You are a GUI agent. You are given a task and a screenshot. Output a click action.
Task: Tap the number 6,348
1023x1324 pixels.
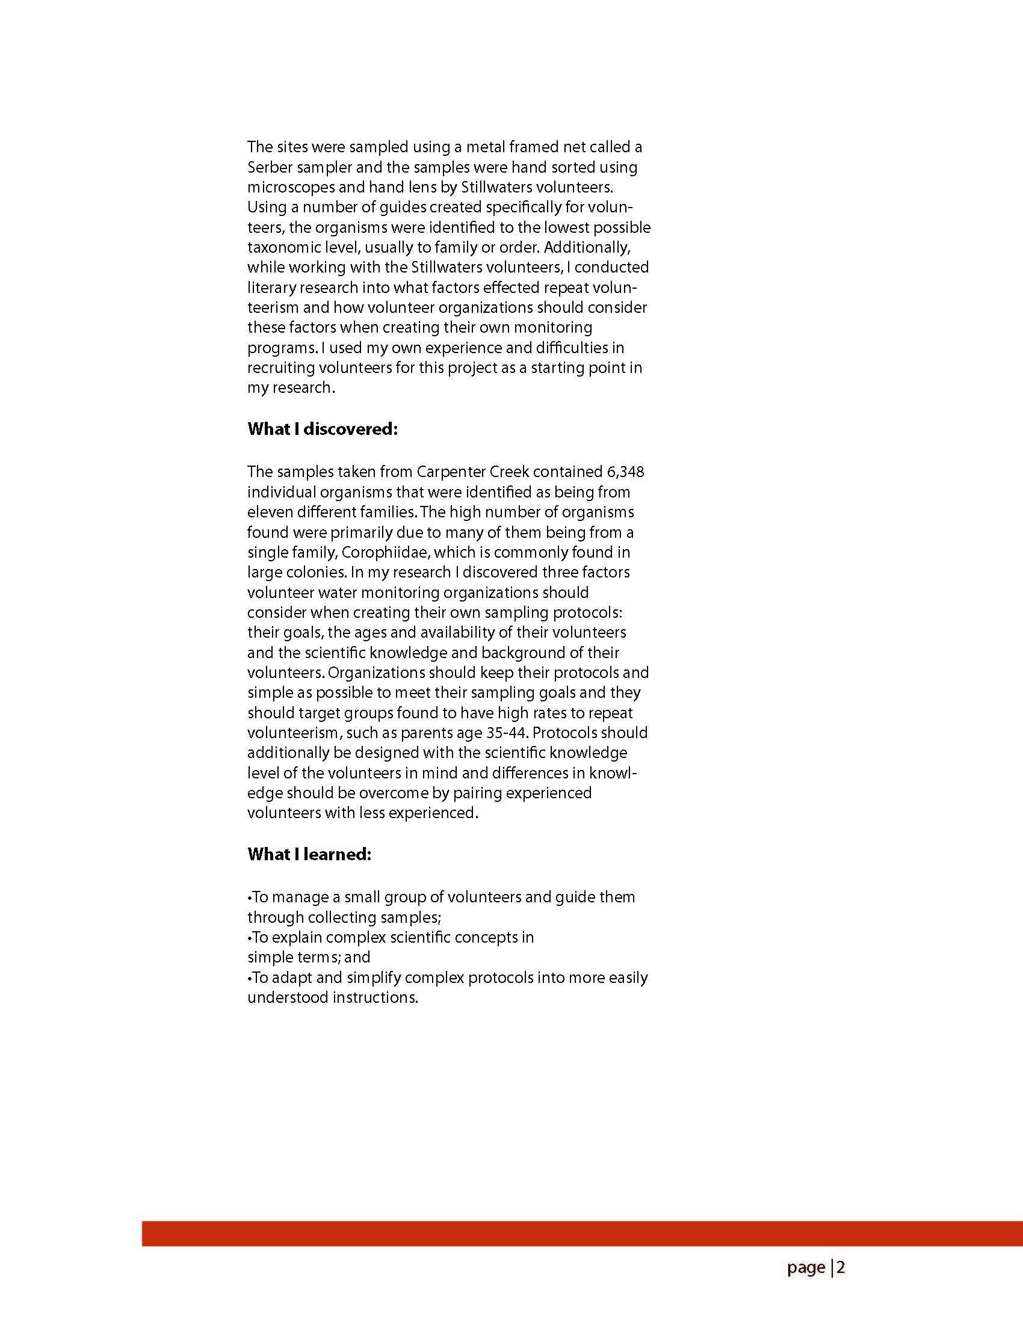(x=625, y=472)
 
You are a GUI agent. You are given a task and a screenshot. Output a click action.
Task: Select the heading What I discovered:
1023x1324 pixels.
(x=323, y=430)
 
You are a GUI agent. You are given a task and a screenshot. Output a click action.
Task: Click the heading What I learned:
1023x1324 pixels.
(x=309, y=854)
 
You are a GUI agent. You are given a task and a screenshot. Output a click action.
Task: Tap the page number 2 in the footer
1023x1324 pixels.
(x=841, y=1267)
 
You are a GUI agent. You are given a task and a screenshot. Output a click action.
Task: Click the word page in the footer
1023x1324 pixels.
(x=806, y=1267)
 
